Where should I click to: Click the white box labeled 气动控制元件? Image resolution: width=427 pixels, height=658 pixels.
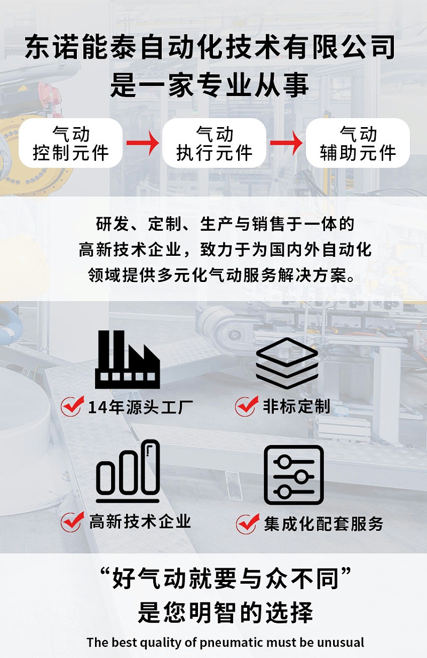70,143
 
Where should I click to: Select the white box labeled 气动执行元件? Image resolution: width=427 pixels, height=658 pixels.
213,143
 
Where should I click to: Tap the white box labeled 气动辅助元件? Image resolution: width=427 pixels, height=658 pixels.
358,143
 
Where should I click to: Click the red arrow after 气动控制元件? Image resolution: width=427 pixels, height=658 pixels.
143,143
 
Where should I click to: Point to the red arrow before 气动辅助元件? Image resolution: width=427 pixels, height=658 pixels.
286,143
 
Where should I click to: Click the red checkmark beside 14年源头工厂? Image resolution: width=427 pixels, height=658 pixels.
71,406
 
